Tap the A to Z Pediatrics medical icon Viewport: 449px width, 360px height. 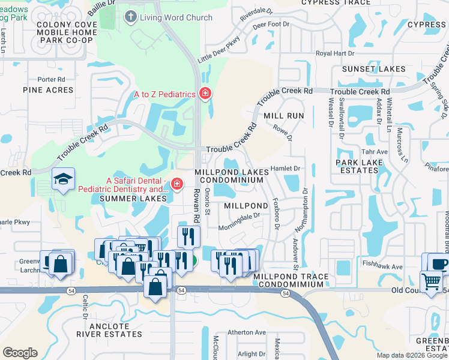tap(205, 94)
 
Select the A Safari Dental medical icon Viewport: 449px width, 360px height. tap(176, 184)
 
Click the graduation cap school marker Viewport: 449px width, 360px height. tap(63, 179)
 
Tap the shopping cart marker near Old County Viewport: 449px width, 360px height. tap(432, 281)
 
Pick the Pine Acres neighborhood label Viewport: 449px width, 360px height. tap(48, 90)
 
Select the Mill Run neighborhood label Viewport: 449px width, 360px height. tap(284, 115)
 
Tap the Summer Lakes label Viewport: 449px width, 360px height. tap(133, 198)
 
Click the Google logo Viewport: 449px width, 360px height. tap(20, 353)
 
